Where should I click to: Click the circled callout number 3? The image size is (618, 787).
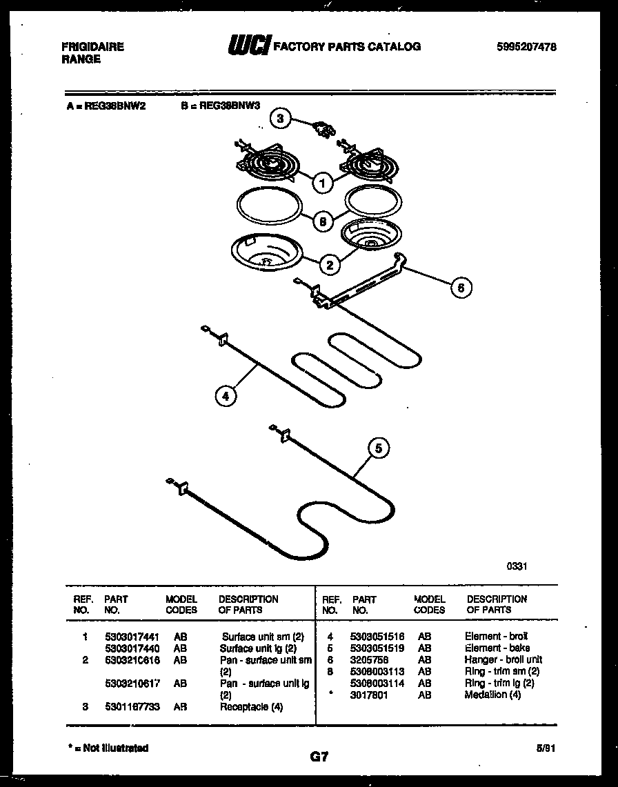(279, 118)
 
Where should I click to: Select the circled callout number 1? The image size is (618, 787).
(321, 183)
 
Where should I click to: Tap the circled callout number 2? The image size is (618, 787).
(330, 263)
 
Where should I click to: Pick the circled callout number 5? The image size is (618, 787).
(377, 448)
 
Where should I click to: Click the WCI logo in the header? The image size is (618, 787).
(249, 46)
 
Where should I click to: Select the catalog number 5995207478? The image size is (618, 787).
(526, 47)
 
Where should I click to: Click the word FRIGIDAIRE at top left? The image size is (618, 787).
(92, 47)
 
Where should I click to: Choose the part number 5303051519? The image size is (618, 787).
(378, 648)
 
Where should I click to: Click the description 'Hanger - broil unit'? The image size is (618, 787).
(504, 660)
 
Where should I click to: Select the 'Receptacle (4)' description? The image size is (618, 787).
(251, 707)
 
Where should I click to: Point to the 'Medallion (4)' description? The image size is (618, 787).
(492, 695)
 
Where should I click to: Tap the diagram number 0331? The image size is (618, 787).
(517, 566)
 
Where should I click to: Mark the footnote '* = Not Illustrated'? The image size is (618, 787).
(109, 748)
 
